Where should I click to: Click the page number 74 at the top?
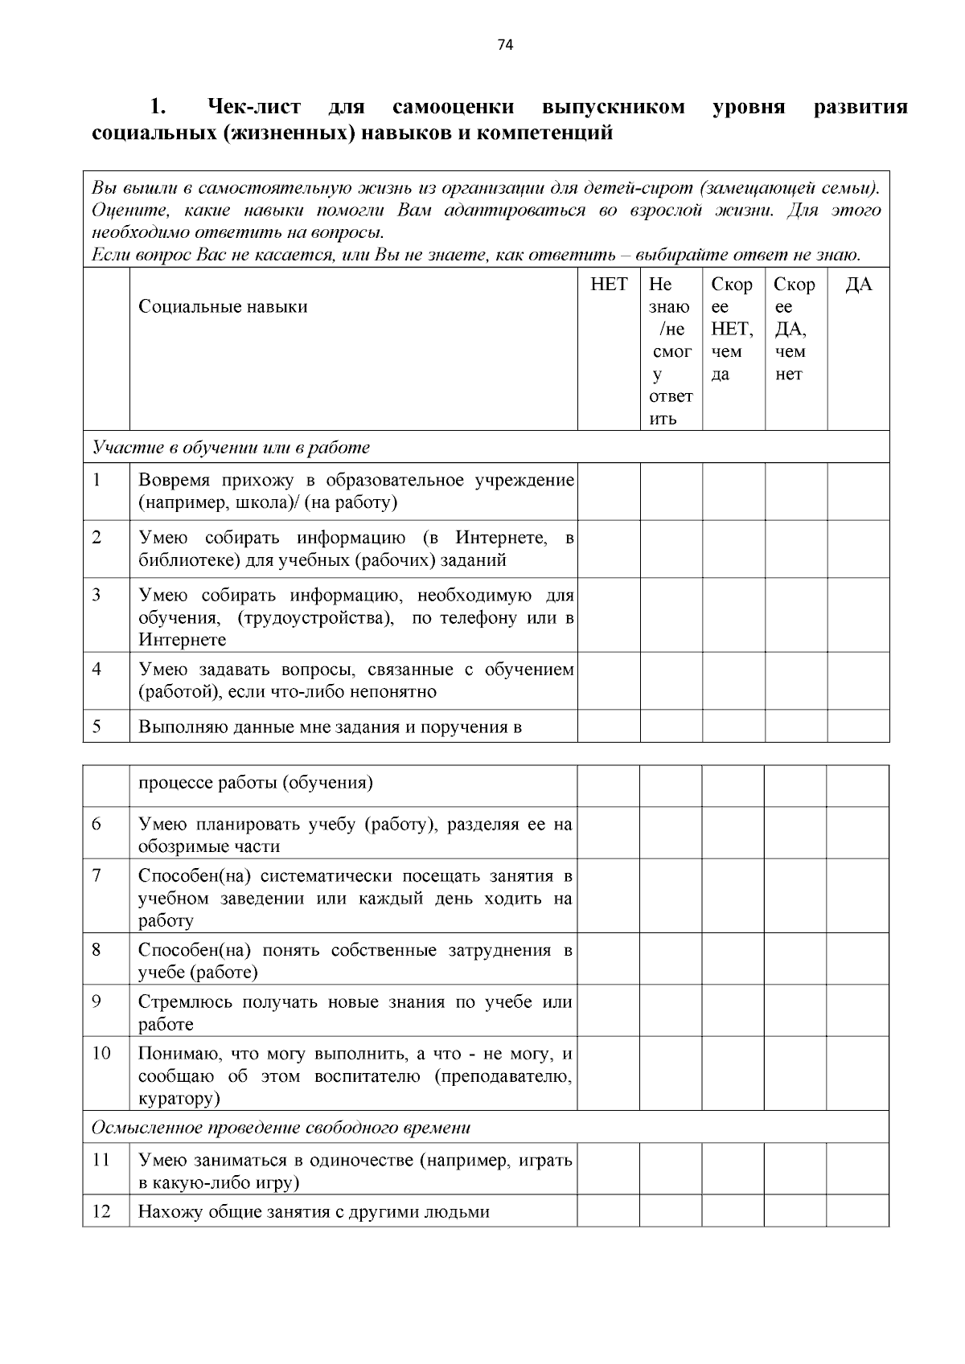[x=505, y=45]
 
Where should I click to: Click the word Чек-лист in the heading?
[x=254, y=107]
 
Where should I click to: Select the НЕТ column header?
[x=609, y=285]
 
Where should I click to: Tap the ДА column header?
[x=858, y=285]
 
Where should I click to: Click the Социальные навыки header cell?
[x=223, y=306]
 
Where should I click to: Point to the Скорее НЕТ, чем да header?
[x=733, y=329]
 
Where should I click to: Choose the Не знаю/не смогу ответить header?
[x=671, y=350]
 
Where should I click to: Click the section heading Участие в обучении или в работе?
[x=231, y=447]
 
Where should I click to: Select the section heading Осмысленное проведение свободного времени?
[x=281, y=1127]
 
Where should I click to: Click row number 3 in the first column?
[x=96, y=595]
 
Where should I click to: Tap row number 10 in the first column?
[x=101, y=1053]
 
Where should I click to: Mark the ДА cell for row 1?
[x=858, y=491]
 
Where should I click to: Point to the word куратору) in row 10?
[x=181, y=1098]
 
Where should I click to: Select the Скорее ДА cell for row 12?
[x=795, y=1212]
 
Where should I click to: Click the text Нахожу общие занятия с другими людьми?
[x=314, y=1212]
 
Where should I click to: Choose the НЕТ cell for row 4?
[x=609, y=680]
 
